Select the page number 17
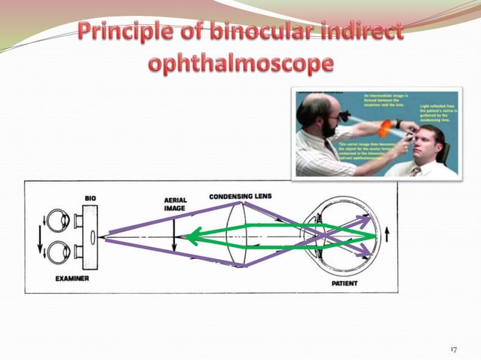[454, 349]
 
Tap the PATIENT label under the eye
[345, 284]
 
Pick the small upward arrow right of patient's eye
[389, 234]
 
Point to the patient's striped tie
[415, 171]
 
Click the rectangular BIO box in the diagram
[91, 236]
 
